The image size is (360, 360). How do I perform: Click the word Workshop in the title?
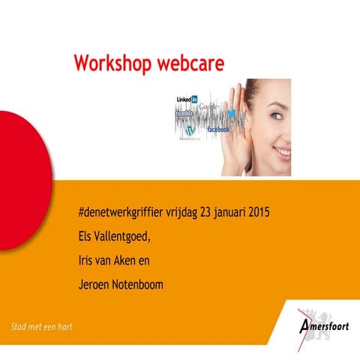(112, 63)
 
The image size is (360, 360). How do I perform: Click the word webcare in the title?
(190, 63)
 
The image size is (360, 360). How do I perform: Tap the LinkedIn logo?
(187, 99)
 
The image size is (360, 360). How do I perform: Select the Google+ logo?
(211, 107)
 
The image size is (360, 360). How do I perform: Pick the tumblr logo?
(184, 113)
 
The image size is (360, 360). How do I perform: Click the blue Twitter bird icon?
(232, 113)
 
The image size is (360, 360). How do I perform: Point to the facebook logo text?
(217, 130)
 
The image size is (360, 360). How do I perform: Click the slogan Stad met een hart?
(42, 327)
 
